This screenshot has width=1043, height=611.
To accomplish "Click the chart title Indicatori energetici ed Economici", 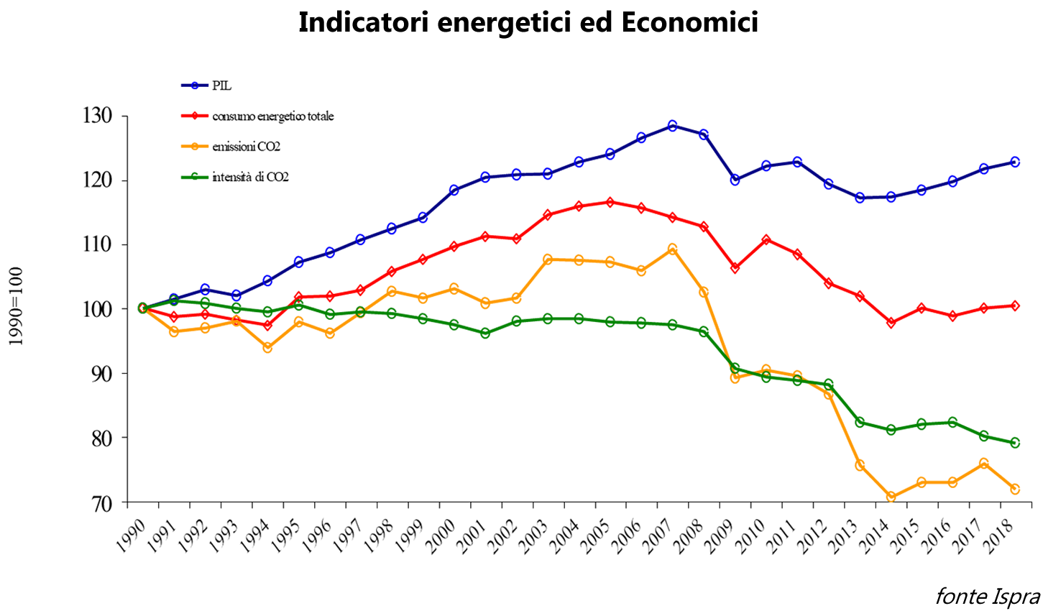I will click(x=528, y=23).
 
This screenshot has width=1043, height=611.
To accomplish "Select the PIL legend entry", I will click(x=221, y=86).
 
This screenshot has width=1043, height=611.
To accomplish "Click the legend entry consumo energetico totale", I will click(x=272, y=116).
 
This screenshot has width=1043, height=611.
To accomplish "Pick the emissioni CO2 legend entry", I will click(x=246, y=147).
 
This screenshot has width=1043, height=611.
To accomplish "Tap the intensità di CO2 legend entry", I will click(x=250, y=177).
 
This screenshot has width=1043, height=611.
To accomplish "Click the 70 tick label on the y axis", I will click(x=101, y=503).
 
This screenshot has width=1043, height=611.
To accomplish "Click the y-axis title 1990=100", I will click(x=16, y=306).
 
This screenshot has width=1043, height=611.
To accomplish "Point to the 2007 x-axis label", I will click(x=661, y=536).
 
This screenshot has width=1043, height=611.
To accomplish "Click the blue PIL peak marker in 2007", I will click(x=672, y=126).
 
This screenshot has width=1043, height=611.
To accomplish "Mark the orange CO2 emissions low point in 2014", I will click(x=891, y=497).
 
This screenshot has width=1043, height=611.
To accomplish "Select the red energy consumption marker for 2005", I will click(x=610, y=202).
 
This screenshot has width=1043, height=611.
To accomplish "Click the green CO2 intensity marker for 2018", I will click(x=1015, y=443).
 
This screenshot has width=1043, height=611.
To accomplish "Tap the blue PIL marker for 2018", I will click(x=1015, y=162).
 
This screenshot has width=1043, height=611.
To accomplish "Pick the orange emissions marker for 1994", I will click(x=267, y=347).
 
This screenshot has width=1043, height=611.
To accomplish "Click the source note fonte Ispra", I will click(x=987, y=596).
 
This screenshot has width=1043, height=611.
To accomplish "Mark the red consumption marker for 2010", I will click(x=766, y=240).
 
